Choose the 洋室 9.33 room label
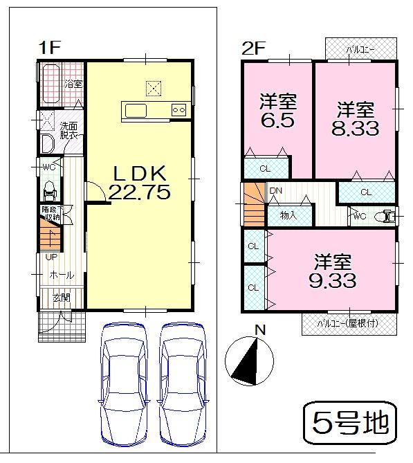click(x=333, y=271)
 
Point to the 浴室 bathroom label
click(x=73, y=84)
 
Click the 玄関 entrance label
click(x=61, y=298)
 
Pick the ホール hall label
click(x=61, y=275)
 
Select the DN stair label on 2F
click(x=276, y=191)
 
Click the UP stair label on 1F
click(x=51, y=257)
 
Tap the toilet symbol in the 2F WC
click(x=384, y=217)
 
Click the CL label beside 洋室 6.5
click(x=265, y=168)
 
